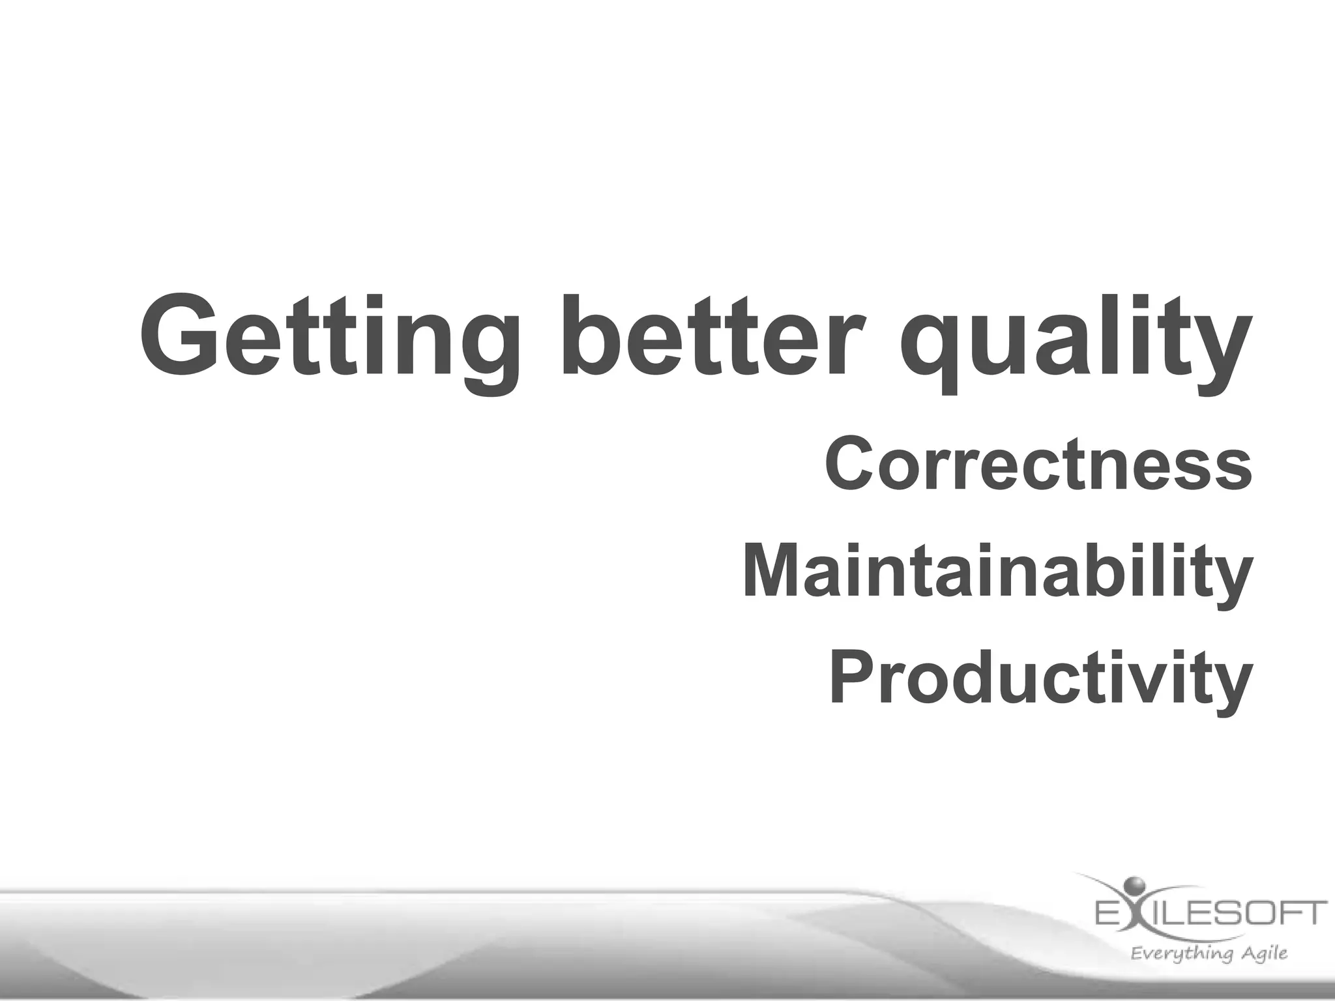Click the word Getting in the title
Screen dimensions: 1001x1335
point(329,339)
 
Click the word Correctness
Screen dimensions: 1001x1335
point(1038,464)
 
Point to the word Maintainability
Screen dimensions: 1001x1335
point(997,572)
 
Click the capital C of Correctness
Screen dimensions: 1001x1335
point(851,464)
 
